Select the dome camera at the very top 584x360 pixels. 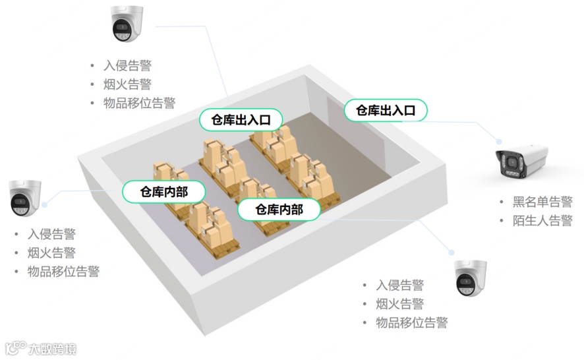pyautogui.click(x=127, y=24)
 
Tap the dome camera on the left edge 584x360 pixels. pyautogui.click(x=26, y=198)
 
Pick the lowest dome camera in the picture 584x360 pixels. pyautogui.click(x=471, y=278)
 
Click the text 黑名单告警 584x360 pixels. pyautogui.click(x=542, y=202)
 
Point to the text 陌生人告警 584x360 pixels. pyautogui.click(x=542, y=221)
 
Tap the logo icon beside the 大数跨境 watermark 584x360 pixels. pyautogui.click(x=16, y=347)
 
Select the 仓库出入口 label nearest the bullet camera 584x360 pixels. pyautogui.click(x=386, y=110)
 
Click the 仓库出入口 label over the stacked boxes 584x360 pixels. pyautogui.click(x=241, y=119)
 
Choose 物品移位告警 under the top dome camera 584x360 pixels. pyautogui.click(x=140, y=103)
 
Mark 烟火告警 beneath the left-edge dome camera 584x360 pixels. pyautogui.click(x=52, y=253)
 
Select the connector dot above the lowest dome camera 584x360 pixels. pyautogui.click(x=452, y=252)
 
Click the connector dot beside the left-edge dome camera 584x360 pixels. pyautogui.click(x=45, y=204)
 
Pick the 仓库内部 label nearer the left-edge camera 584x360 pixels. pyautogui.click(x=163, y=192)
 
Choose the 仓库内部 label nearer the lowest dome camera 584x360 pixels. pyautogui.click(x=279, y=210)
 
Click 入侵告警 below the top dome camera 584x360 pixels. pyautogui.click(x=128, y=66)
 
